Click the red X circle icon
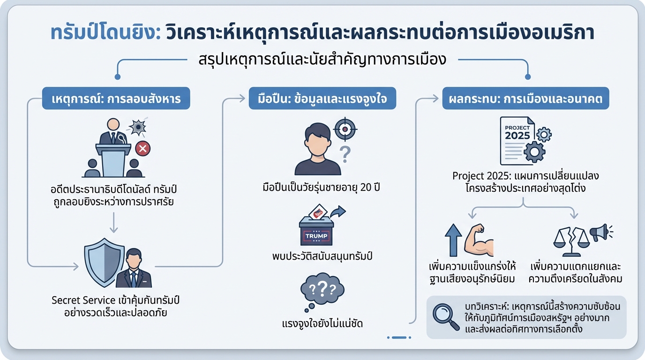[x=142, y=149]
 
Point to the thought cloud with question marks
[x=322, y=291]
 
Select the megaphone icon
[x=600, y=232]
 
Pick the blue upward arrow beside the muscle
[x=454, y=240]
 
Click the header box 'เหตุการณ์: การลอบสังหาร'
[x=116, y=98]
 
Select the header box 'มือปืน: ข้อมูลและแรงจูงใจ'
[x=322, y=98]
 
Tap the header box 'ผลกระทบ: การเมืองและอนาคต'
[x=525, y=98]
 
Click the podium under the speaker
[x=113, y=160]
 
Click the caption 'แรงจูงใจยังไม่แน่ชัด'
[x=322, y=323]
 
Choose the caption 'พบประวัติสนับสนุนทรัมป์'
[x=322, y=256]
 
